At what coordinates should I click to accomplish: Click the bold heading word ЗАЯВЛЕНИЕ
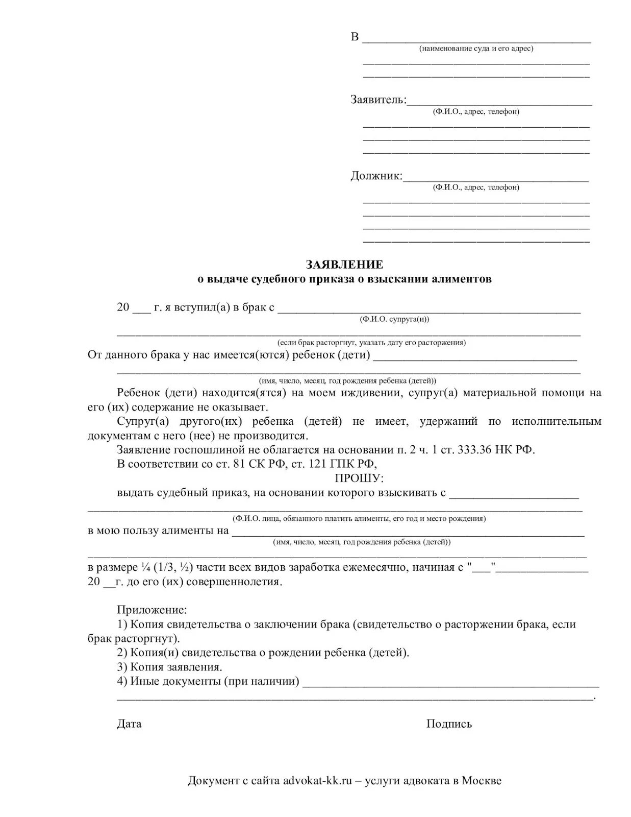pyautogui.click(x=344, y=265)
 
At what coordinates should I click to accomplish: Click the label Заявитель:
pyautogui.click(x=378, y=100)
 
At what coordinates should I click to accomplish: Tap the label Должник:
pyautogui.click(x=376, y=176)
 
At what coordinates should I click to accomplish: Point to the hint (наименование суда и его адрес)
pyautogui.click(x=476, y=49)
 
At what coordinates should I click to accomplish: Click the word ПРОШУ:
pyautogui.click(x=359, y=478)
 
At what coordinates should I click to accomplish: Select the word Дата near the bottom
pyautogui.click(x=129, y=724)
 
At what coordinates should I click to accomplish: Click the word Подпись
pyautogui.click(x=449, y=724)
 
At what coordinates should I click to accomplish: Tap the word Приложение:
pyautogui.click(x=152, y=610)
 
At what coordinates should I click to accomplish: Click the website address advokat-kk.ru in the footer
pyautogui.click(x=318, y=781)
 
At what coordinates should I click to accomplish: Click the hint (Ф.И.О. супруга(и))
pyautogui.click(x=394, y=319)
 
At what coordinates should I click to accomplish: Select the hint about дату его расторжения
pyautogui.click(x=371, y=343)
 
